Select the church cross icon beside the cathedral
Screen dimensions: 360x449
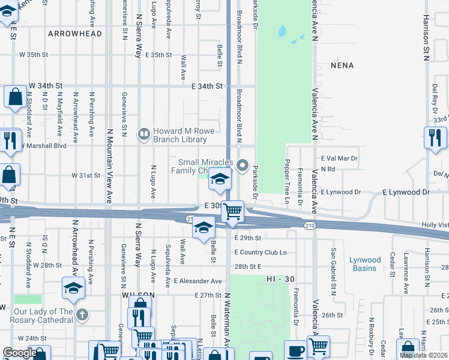(x=83, y=314)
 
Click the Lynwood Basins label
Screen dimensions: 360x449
(x=365, y=264)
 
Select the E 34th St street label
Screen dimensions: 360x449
(x=207, y=86)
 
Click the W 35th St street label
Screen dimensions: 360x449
(x=33, y=55)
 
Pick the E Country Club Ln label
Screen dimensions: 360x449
(x=261, y=253)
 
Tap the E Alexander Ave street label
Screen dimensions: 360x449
(x=198, y=281)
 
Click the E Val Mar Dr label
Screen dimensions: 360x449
(x=339, y=158)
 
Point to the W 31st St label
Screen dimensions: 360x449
(x=85, y=176)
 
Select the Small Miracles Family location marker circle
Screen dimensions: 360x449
(x=243, y=165)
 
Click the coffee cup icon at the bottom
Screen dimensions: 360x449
(x=294, y=351)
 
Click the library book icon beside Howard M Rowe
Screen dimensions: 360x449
(x=143, y=134)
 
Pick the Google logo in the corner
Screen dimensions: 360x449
(x=19, y=353)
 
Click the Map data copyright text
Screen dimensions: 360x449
(x=423, y=355)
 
